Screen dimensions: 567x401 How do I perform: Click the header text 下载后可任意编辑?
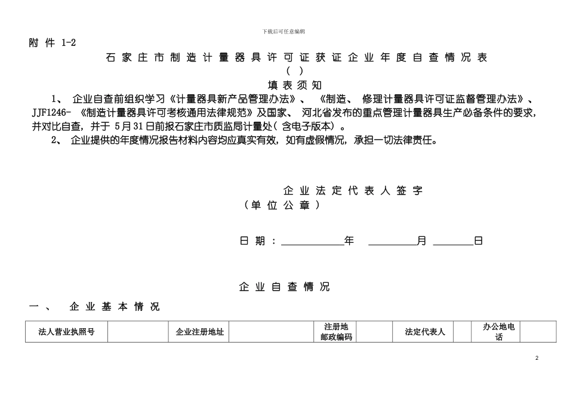point(283,31)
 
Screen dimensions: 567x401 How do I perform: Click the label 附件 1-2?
point(53,43)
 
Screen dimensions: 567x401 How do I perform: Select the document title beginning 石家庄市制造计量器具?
point(297,58)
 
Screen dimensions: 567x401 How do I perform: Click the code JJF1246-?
point(52,112)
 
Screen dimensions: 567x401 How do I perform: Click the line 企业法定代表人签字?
point(353,191)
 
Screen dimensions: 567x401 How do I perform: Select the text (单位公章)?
point(282,205)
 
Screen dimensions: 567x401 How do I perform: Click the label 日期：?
point(258,241)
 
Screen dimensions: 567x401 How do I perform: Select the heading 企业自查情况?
point(284,287)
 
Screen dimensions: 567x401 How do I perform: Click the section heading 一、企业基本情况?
point(95,307)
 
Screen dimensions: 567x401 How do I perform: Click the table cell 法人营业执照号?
point(66,332)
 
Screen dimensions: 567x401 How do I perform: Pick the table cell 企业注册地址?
point(199,332)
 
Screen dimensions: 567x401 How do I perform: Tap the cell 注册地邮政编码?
point(335,332)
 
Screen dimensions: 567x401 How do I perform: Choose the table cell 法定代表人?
point(424,332)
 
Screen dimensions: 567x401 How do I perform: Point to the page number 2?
point(537,357)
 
